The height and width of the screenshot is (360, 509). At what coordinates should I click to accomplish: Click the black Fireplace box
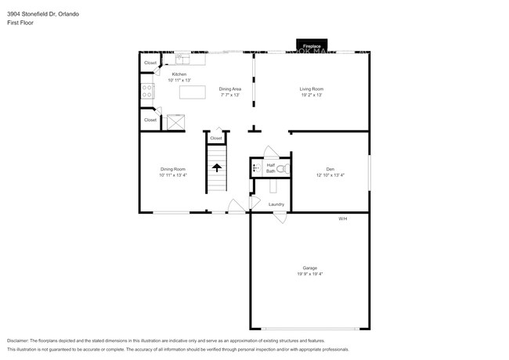[x=311, y=45]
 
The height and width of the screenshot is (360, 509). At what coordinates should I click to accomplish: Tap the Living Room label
[x=311, y=89]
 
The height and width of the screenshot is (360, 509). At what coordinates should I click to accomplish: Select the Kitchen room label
[x=179, y=74]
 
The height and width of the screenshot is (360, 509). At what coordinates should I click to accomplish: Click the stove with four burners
[x=146, y=92]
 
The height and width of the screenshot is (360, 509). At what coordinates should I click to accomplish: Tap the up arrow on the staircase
[x=216, y=167]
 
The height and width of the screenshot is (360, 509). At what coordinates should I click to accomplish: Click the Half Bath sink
[x=256, y=167]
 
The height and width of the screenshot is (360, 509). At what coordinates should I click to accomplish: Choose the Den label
[x=330, y=169]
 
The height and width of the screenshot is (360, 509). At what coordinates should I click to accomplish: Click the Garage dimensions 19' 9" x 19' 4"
[x=310, y=274]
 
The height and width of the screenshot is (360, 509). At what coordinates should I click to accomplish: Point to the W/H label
[x=342, y=218]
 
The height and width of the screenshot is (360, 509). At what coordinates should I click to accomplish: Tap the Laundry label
[x=276, y=204]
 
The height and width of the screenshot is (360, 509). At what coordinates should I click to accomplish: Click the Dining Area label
[x=229, y=89]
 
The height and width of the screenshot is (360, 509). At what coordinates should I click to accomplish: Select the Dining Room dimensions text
[x=173, y=175]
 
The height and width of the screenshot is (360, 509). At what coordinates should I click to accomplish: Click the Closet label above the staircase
[x=216, y=139]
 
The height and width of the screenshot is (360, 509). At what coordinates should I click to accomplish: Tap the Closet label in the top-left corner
[x=150, y=63]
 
